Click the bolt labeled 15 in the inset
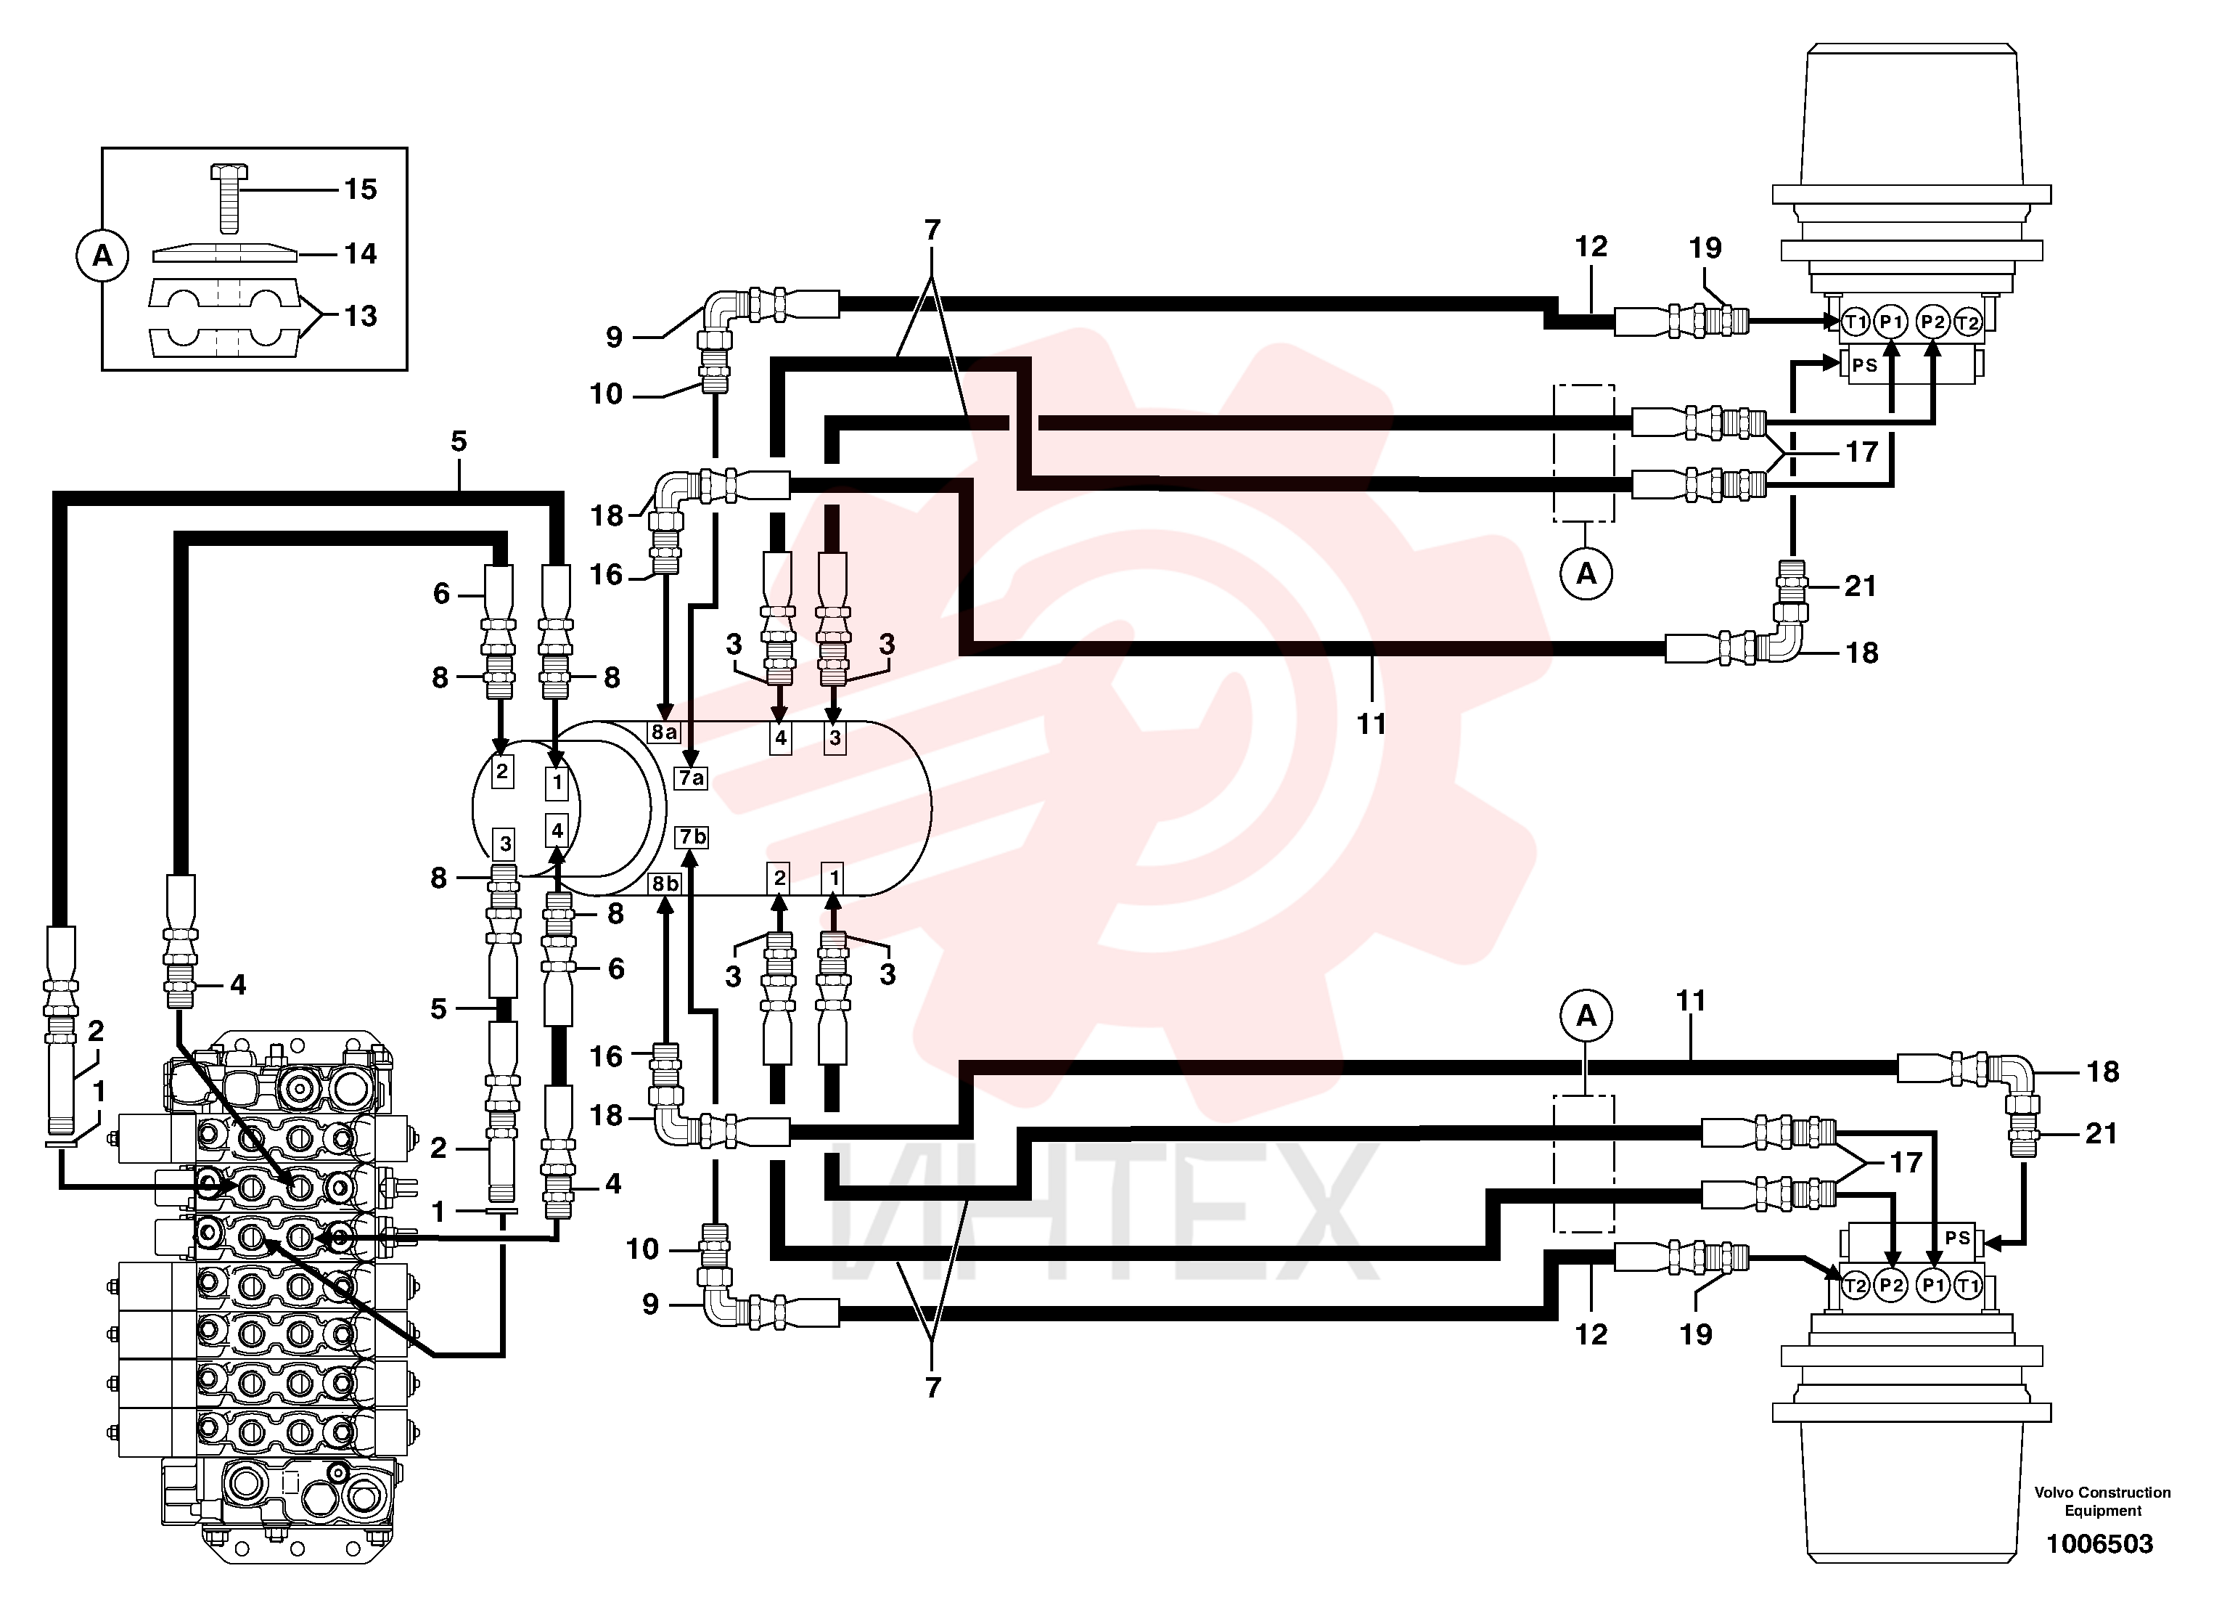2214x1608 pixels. coord(229,199)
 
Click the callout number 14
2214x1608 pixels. coord(360,254)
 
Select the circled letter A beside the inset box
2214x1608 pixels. coord(102,256)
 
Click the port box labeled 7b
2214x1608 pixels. coord(691,837)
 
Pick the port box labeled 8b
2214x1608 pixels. coord(665,883)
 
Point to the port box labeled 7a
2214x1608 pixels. coord(691,778)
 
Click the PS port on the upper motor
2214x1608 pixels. coord(1864,365)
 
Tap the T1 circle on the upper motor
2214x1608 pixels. coord(1855,322)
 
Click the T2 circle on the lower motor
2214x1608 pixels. coord(1855,1286)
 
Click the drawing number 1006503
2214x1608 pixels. coord(2099,1543)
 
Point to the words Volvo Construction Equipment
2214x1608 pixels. coord(2102,1501)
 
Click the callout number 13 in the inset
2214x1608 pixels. coord(360,315)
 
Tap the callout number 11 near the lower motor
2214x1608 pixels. coord(1690,1000)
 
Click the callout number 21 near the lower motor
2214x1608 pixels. coord(2101,1133)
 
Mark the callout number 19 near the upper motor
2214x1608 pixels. coord(1705,248)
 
